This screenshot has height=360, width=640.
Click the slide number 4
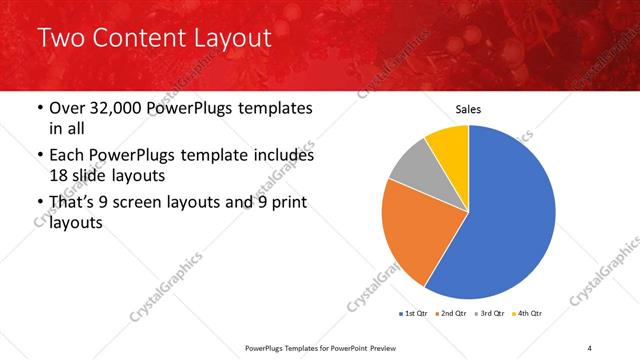589,347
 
